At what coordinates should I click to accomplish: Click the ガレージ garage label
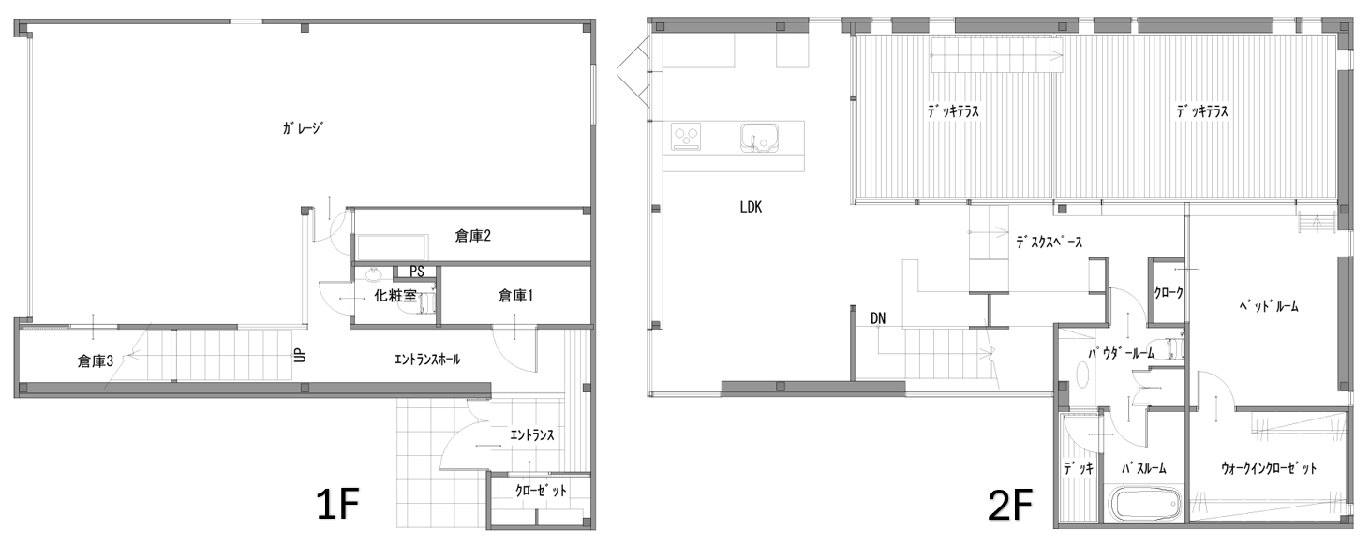(x=302, y=128)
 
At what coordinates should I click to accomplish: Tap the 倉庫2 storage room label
(x=473, y=236)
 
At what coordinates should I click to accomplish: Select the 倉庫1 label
(x=515, y=296)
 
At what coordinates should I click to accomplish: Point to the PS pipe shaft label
(x=416, y=272)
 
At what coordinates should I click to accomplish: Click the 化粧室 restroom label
(x=395, y=297)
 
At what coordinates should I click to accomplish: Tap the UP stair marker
(x=299, y=355)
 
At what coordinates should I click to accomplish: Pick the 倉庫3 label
(x=95, y=361)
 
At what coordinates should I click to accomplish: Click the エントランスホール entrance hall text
(x=427, y=360)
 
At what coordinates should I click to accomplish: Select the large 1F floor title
(x=337, y=505)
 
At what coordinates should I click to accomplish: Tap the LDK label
(x=751, y=207)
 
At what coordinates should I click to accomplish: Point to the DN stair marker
(x=878, y=318)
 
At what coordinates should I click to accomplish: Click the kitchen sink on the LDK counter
(x=760, y=138)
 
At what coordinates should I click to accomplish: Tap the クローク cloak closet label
(x=1169, y=293)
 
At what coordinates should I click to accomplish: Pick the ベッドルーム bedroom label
(x=1276, y=306)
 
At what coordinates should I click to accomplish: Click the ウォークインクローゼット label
(x=1269, y=469)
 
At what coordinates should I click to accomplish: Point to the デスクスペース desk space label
(x=1049, y=243)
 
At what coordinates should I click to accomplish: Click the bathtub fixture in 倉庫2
(x=393, y=248)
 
